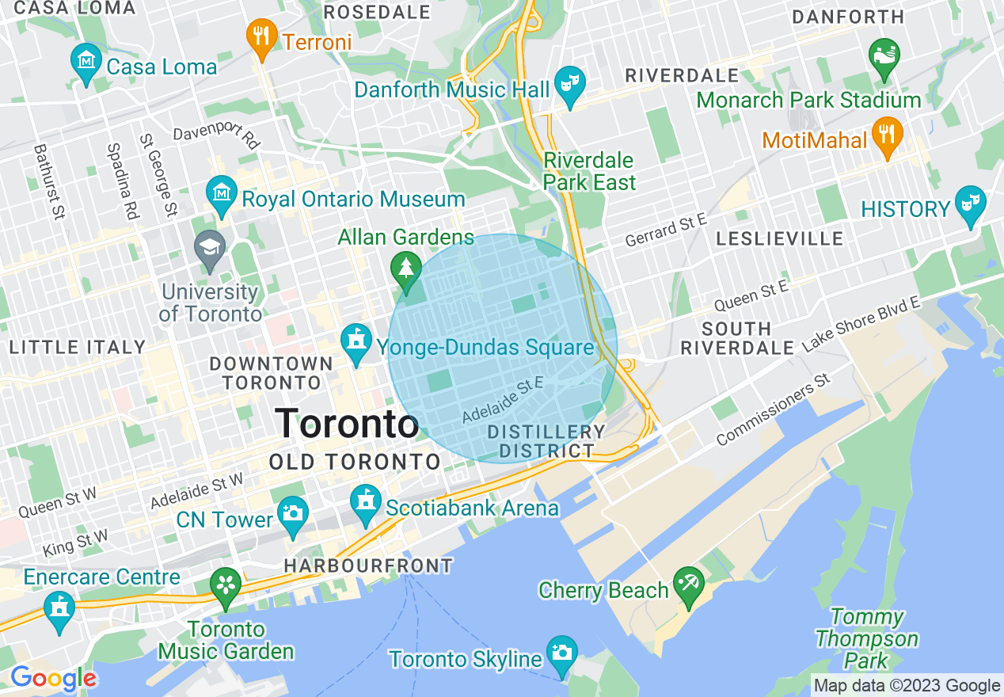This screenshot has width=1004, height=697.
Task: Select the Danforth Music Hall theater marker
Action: (569, 83)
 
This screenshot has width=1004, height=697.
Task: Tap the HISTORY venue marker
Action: (968, 204)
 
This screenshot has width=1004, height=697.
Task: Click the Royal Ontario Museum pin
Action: (221, 192)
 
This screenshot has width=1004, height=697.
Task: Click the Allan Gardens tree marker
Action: (406, 269)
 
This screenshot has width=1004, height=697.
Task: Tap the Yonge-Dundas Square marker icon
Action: (356, 341)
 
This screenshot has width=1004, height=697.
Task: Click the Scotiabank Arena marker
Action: (366, 502)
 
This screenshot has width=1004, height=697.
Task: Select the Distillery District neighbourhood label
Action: (546, 441)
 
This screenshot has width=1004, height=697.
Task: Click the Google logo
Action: (52, 679)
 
